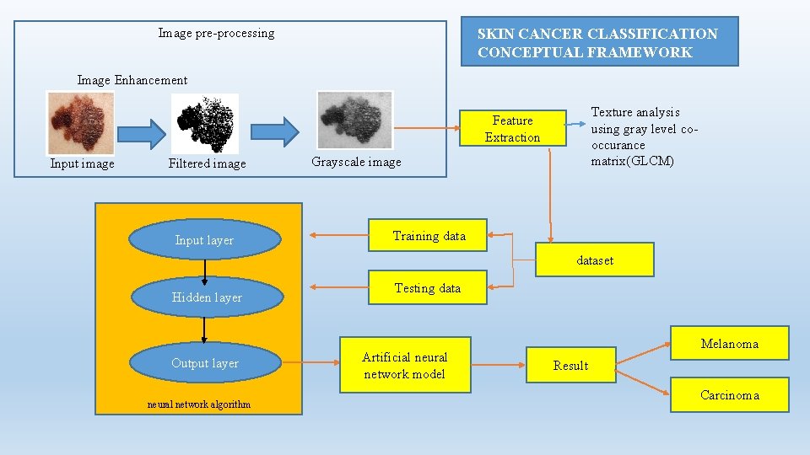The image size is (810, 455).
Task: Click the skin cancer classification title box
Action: (x=599, y=42)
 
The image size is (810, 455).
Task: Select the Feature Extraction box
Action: (x=512, y=129)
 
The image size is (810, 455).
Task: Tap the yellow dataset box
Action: (x=595, y=260)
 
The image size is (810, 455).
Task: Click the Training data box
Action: (x=429, y=236)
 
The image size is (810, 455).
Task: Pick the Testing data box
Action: (x=428, y=288)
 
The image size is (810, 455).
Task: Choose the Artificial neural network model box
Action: (x=404, y=366)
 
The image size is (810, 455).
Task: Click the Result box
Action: (x=570, y=365)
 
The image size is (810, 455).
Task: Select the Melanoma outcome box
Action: (x=729, y=344)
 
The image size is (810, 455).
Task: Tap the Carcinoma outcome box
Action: (x=729, y=395)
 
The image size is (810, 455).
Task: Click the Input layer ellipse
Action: (x=204, y=240)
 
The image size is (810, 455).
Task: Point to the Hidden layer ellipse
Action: (x=206, y=297)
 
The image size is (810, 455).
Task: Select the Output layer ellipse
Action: (x=205, y=363)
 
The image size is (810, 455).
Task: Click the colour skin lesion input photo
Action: (x=80, y=122)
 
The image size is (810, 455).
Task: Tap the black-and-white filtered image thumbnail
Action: (x=205, y=123)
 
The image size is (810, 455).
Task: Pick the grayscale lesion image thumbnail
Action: (x=354, y=120)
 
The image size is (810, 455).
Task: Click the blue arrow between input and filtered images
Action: (x=142, y=132)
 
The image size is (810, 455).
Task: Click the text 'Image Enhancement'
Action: (x=132, y=80)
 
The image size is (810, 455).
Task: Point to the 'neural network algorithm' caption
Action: (x=199, y=404)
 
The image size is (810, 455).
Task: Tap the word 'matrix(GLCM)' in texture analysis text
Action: (x=632, y=161)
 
